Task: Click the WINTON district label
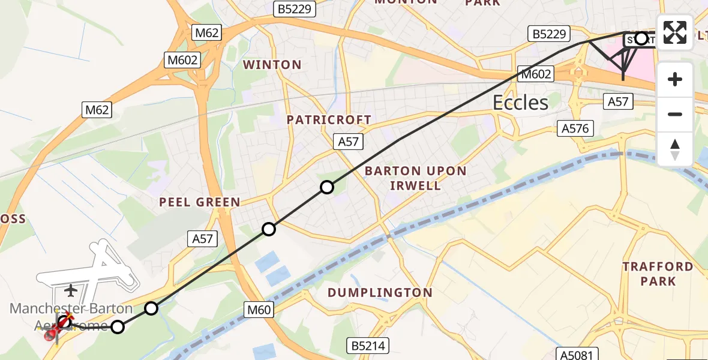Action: point(272,65)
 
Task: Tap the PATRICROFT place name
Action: point(329,120)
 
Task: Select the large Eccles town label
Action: point(520,103)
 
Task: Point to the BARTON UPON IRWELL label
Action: point(416,178)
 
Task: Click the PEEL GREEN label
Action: point(200,203)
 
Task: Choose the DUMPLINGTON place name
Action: point(380,293)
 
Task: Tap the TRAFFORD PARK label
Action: point(658,274)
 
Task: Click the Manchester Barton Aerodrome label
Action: point(71,317)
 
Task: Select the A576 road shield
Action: point(576,128)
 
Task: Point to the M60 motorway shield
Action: point(259,310)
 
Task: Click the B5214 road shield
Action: point(368,346)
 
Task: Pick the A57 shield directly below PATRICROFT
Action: point(348,142)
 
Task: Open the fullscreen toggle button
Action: point(675,32)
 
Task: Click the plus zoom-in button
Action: point(675,79)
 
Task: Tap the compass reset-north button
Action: point(675,149)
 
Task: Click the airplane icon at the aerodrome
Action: point(71,291)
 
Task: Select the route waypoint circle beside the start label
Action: point(641,39)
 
